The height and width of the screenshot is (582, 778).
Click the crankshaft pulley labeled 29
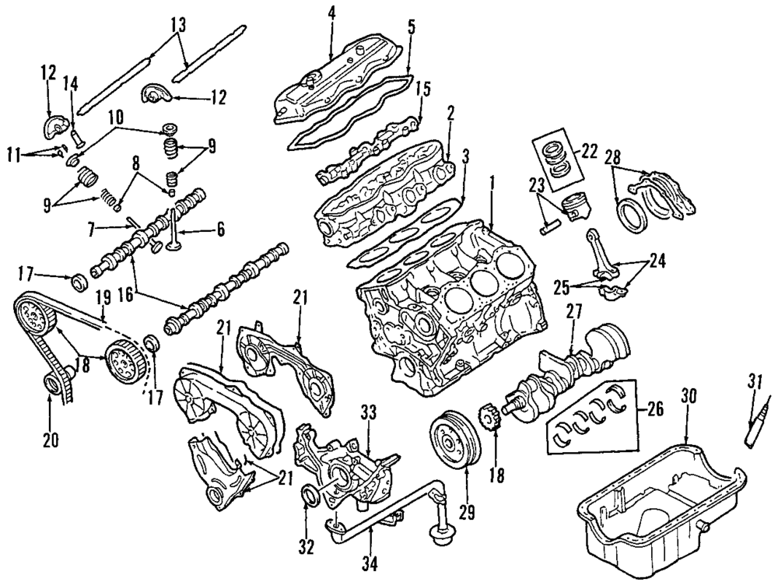coord(451,443)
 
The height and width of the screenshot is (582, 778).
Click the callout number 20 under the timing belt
coord(51,440)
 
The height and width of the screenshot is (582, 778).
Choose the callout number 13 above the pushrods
coord(180,25)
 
